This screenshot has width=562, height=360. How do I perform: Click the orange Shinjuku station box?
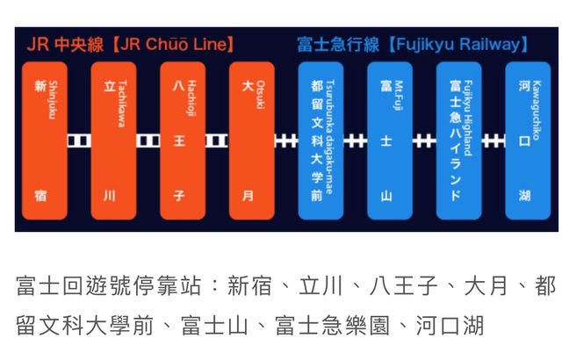point(45,140)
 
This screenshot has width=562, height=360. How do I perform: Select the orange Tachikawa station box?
point(114,140)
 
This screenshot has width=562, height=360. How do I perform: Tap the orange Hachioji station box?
point(183,140)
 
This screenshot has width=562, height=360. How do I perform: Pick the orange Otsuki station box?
point(251,140)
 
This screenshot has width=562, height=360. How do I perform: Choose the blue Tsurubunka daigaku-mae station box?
point(321,140)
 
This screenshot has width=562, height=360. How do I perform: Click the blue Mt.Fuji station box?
point(390,140)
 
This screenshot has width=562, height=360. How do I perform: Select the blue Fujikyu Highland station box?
point(458,140)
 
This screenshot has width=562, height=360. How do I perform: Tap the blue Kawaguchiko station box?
point(528,140)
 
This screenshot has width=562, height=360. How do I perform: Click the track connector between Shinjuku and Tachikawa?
point(79,140)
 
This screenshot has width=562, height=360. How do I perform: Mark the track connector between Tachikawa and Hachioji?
point(148,140)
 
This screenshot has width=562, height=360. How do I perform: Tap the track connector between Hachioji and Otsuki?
point(217,140)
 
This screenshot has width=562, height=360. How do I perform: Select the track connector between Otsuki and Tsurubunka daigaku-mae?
point(285,140)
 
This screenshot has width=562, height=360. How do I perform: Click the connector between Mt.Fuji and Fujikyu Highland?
point(424,140)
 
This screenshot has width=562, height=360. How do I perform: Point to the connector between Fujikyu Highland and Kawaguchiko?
point(494,140)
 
